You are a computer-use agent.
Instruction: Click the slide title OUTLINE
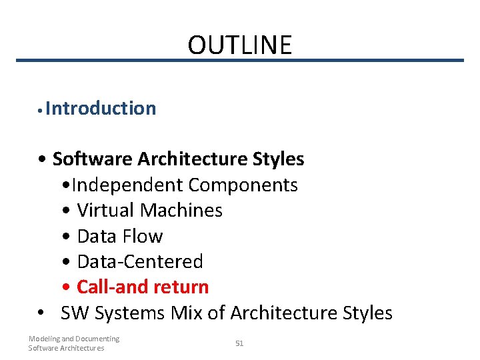[239, 45]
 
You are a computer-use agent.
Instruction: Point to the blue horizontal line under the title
[239, 61]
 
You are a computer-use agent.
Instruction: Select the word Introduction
[101, 108]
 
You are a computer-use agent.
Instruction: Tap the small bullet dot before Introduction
[41, 109]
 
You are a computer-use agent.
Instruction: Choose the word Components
[243, 185]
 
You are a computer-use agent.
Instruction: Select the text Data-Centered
[140, 261]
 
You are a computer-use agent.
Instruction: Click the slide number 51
[239, 343]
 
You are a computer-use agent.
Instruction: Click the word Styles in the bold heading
[279, 159]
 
